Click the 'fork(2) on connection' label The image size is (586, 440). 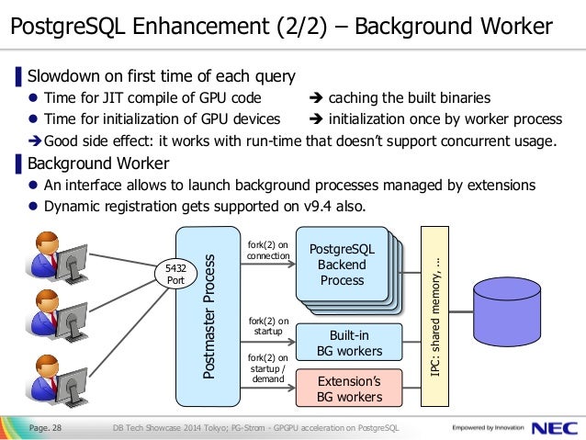click(268, 250)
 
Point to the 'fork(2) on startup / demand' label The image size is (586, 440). click(268, 367)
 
